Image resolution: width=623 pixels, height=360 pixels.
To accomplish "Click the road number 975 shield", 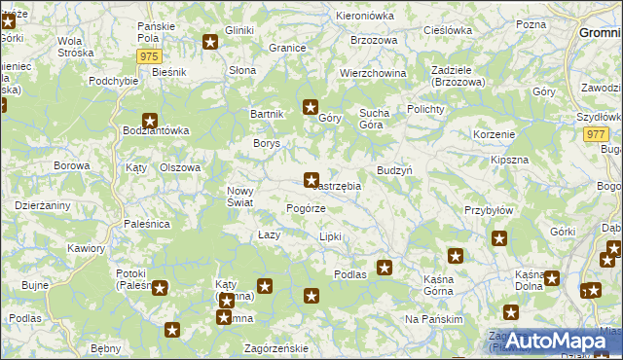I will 149,57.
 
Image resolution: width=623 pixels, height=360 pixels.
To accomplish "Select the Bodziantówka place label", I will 156,130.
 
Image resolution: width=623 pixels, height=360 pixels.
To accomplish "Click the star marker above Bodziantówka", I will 150,120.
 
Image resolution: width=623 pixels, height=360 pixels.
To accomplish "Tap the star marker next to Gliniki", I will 211,42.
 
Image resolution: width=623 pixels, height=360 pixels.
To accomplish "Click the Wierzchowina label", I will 373,73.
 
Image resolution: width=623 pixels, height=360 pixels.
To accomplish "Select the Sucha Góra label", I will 374,119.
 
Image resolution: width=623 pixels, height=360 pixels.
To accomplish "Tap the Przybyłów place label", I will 489,209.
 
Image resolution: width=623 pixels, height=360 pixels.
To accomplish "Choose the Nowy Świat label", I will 240,197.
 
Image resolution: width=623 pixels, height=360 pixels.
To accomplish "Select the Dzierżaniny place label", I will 42,205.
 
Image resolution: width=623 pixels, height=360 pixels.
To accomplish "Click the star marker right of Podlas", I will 385,268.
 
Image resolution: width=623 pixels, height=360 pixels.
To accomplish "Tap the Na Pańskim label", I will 430,319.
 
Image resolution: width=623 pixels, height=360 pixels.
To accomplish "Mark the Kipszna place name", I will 510,159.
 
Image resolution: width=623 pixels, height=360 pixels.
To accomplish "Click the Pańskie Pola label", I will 156,30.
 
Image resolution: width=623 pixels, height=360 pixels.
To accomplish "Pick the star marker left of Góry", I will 311,108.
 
